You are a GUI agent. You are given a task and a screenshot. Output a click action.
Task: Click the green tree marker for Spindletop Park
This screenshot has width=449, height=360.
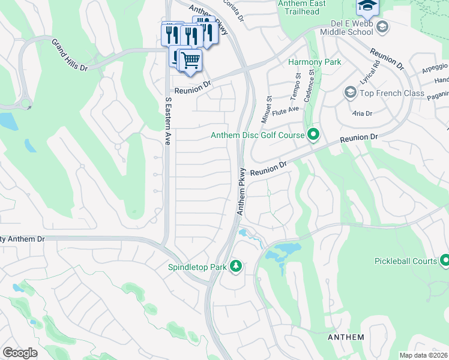click(236, 266)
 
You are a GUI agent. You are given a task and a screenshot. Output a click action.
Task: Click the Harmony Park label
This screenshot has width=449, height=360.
click(315, 62)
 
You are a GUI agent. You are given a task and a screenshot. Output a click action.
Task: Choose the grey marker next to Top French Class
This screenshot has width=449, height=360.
click(350, 92)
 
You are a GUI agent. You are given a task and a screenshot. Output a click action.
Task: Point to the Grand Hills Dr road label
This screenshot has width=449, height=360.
click(70, 55)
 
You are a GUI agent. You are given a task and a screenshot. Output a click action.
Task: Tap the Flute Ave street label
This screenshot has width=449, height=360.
click(285, 110)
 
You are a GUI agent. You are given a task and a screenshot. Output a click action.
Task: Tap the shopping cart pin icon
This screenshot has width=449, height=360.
click(190, 60)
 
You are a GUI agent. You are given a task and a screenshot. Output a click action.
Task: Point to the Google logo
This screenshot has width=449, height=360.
click(20, 353)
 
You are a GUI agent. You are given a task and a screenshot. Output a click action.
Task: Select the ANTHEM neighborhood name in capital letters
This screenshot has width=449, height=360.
click(346, 337)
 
